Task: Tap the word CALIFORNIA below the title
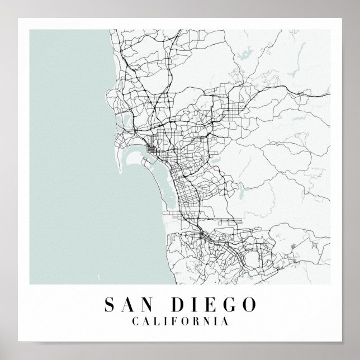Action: tap(179, 322)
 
